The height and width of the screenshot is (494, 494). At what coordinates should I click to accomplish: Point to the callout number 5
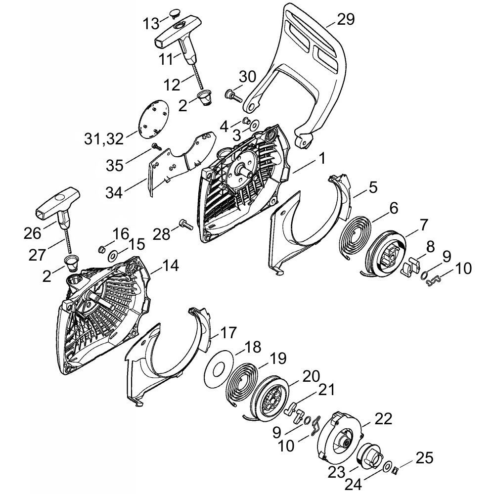click(373, 188)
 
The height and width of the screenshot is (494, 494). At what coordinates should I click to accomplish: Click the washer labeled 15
click(113, 256)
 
